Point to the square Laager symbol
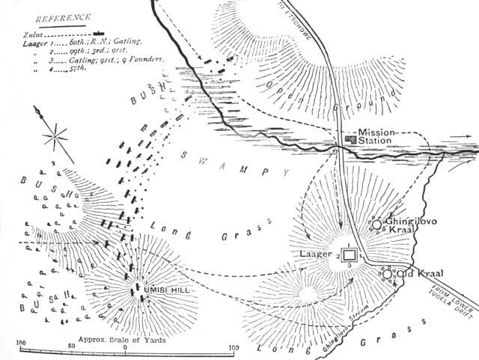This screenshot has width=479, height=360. tap(349, 256)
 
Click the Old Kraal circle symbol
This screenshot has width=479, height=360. tap(388, 275)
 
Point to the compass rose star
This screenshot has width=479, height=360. tap(55, 139)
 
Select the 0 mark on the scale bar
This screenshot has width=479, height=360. tap(126, 347)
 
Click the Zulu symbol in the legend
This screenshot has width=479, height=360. tap(99, 34)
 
